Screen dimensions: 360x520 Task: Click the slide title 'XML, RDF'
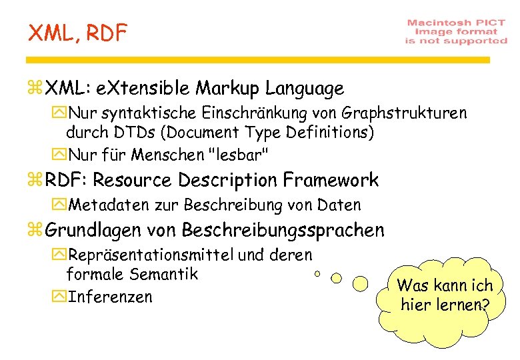pyautogui.click(x=77, y=33)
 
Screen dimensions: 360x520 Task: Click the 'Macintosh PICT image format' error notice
pyautogui.click(x=456, y=31)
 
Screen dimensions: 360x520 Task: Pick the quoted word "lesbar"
pyautogui.click(x=239, y=155)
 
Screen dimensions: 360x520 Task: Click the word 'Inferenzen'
pyautogui.click(x=111, y=296)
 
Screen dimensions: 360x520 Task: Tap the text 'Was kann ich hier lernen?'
pyautogui.click(x=444, y=295)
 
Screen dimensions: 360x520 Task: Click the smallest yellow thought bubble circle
pyautogui.click(x=317, y=273)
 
